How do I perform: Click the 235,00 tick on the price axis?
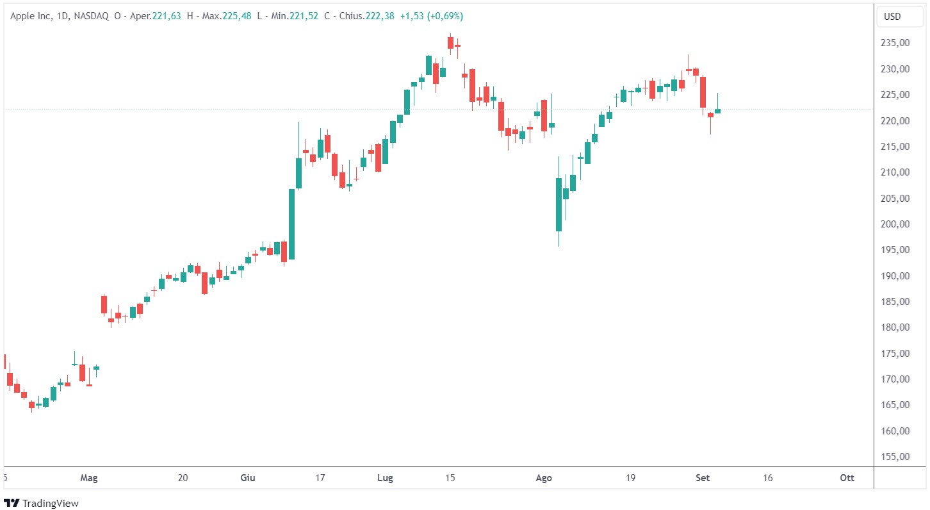(x=895, y=43)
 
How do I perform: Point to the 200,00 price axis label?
(x=895, y=224)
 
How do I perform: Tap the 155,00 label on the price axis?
(x=895, y=457)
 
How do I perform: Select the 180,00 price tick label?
(x=895, y=327)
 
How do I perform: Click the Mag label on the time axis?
(x=88, y=478)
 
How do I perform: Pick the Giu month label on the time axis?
(x=248, y=478)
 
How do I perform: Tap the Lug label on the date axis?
(x=385, y=478)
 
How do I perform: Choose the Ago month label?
(x=544, y=478)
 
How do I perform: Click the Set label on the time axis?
(x=703, y=478)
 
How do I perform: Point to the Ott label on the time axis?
(x=847, y=478)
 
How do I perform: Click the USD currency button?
(x=892, y=17)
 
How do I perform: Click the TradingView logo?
(x=42, y=504)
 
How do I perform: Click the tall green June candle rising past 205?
(x=291, y=224)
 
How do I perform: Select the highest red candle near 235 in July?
(x=451, y=42)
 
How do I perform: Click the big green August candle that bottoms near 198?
(x=559, y=204)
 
